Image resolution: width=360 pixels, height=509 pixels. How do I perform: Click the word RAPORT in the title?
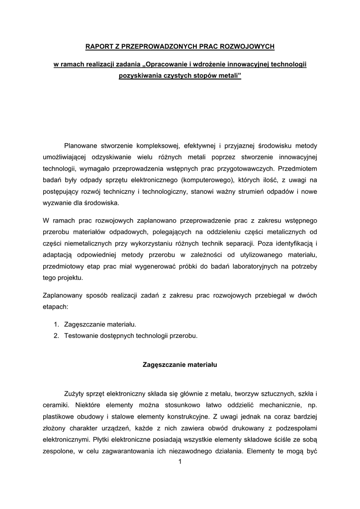(x=97, y=46)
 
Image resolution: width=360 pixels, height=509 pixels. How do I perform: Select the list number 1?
(x=56, y=324)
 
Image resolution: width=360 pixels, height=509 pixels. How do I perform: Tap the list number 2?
(x=56, y=336)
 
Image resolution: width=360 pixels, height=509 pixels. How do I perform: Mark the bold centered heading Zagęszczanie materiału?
(x=180, y=365)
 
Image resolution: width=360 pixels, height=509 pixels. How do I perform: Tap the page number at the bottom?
(x=180, y=462)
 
